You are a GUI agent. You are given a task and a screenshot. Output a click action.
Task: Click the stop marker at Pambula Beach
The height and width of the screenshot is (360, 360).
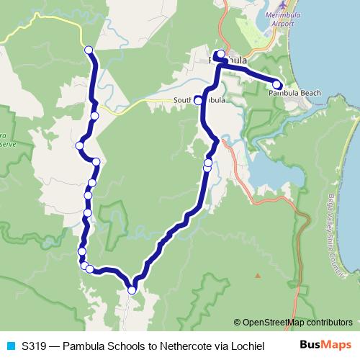(x=277, y=84)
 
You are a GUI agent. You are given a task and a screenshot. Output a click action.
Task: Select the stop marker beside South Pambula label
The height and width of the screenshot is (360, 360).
(x=199, y=101)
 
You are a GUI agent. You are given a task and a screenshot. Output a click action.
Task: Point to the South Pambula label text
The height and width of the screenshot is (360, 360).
(x=199, y=100)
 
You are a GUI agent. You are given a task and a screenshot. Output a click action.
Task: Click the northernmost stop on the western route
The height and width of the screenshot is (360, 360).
(x=89, y=50)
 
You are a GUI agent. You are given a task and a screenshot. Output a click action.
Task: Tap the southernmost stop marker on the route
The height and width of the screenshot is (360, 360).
(x=132, y=290)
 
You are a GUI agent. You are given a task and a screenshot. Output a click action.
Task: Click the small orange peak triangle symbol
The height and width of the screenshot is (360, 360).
(x=257, y=274)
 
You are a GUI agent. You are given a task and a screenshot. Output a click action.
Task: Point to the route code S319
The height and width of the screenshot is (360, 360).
(x=34, y=346)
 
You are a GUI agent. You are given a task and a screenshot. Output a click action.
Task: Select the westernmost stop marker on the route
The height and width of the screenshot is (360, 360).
(x=79, y=146)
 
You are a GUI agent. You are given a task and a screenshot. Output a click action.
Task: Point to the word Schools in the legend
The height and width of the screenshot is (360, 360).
(x=127, y=346)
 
